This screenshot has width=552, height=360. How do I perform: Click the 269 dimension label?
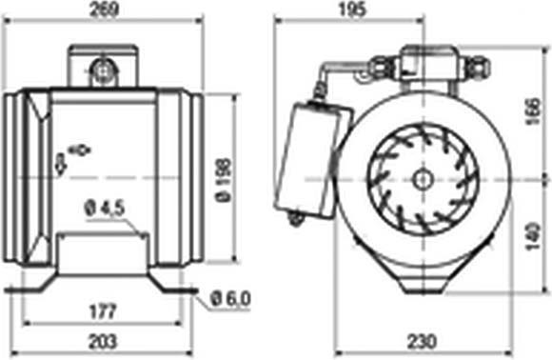[103, 10]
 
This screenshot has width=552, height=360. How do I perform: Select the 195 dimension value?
[352, 10]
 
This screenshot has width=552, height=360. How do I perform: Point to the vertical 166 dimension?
[533, 111]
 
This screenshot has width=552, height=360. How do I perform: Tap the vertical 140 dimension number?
[533, 235]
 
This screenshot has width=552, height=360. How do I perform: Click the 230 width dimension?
[422, 341]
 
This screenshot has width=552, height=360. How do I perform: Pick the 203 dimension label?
[102, 341]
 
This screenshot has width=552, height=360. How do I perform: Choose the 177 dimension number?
[103, 311]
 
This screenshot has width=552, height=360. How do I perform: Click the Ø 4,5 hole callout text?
[105, 209]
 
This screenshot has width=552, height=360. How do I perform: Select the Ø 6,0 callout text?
[230, 299]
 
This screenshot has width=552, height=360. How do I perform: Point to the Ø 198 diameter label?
[223, 180]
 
